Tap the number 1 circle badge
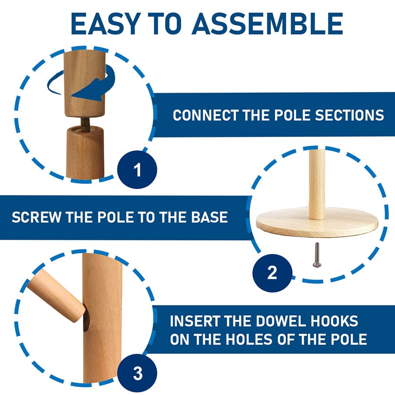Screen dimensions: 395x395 137,169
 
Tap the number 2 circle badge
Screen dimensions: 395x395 272,273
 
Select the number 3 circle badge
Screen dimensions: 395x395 137,374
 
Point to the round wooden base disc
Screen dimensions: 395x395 317,222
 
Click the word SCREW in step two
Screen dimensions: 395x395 33,217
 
